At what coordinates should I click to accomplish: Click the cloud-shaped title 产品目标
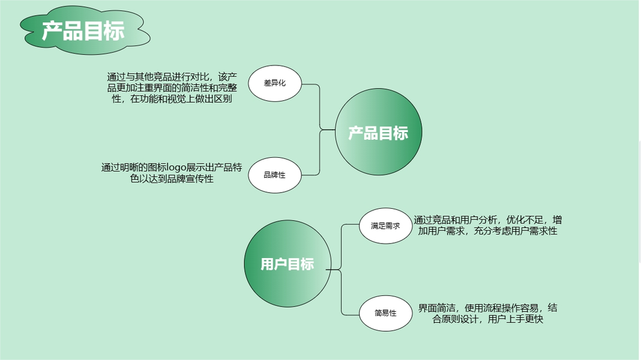[83, 31]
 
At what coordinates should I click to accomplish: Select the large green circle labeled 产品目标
[378, 133]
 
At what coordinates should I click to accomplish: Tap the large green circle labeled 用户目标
[287, 264]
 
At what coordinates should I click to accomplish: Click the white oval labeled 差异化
[274, 83]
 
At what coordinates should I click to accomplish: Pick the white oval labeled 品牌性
[274, 175]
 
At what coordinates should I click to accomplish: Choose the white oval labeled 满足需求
[385, 226]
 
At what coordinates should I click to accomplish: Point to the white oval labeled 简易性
[385, 313]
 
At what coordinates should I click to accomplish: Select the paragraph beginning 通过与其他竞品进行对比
[172, 88]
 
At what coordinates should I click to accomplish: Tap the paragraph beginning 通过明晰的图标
[172, 173]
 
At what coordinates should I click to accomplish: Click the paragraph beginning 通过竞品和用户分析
[487, 225]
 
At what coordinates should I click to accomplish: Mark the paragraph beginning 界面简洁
[487, 313]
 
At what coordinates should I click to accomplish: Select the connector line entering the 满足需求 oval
[349, 225]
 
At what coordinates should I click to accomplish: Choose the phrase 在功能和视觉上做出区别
[181, 99]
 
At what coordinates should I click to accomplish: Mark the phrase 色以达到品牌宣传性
[172, 179]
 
